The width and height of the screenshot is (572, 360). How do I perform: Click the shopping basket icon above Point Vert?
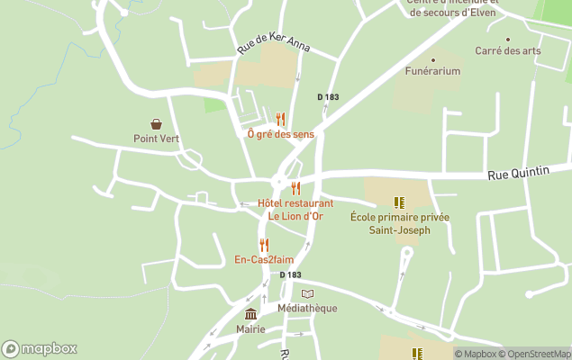coord(157,124)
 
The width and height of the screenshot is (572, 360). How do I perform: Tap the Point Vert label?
coord(157,139)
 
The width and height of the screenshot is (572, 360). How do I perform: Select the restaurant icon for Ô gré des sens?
coord(280,119)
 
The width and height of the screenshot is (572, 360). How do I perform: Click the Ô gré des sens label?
coord(281,134)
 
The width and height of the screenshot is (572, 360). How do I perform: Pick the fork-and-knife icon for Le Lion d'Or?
coord(295,188)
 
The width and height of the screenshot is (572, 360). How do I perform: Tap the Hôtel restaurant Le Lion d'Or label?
coord(295,210)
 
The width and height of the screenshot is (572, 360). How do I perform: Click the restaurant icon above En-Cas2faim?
coord(264,245)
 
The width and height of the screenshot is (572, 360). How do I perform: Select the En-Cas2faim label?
coord(264,260)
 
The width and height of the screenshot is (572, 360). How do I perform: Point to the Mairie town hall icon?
coord(250,313)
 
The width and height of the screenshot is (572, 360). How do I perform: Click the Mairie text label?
coord(250,328)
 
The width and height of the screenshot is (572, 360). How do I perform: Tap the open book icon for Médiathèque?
coord(307,294)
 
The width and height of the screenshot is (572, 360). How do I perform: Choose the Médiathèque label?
coord(307,309)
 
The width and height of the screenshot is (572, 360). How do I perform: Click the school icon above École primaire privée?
coord(399,203)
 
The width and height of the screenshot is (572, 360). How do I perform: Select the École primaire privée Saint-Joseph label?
coord(400,224)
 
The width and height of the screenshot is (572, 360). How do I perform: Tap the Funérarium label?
coord(432,71)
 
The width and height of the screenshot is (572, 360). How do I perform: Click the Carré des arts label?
coord(508,51)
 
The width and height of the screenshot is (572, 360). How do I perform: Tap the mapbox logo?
coord(40,349)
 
